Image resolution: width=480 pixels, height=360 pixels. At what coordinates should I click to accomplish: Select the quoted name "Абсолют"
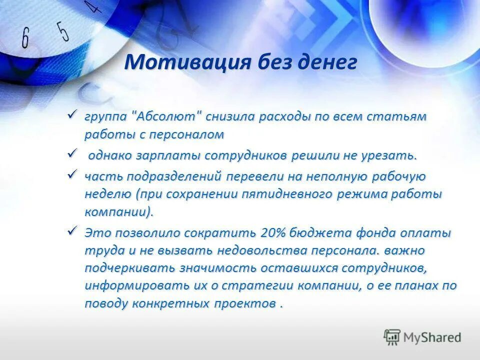click(x=167, y=116)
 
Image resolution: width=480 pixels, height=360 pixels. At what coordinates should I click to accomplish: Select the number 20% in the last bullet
click(x=273, y=232)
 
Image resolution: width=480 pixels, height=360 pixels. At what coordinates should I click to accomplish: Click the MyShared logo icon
click(x=392, y=337)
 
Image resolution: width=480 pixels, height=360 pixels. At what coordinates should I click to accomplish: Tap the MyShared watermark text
click(x=433, y=337)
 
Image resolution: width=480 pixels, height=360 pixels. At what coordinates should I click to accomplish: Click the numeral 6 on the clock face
click(x=25, y=37)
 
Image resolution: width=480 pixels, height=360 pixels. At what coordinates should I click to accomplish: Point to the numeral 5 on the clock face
click(x=62, y=31)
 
